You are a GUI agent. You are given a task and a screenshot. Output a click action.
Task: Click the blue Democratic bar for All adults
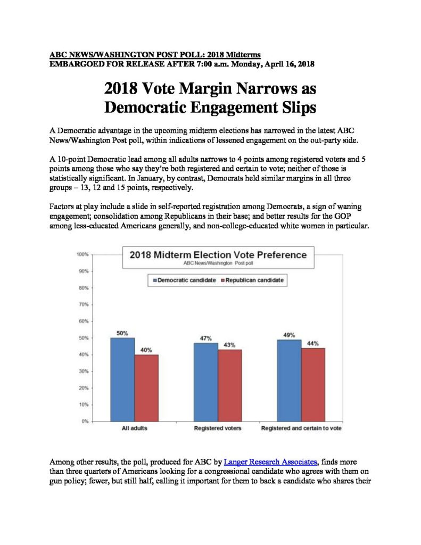pos(122,379)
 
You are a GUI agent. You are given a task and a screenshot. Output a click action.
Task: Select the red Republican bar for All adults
pos(146,388)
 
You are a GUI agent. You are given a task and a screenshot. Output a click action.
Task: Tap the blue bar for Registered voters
pos(206,382)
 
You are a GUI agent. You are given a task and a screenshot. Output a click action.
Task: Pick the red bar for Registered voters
pos(230,385)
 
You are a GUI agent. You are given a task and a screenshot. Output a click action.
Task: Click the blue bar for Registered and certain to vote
pos(289,381)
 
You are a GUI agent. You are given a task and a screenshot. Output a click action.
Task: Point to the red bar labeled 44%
pos(313,385)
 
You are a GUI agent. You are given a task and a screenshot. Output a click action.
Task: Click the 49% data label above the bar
pos(289,335)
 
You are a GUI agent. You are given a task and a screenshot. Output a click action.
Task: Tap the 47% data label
pos(206,338)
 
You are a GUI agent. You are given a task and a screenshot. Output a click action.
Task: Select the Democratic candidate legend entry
pos(184,280)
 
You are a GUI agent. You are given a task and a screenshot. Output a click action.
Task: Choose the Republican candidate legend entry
pos(252,280)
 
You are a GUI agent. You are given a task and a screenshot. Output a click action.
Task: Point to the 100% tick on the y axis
pos(82,254)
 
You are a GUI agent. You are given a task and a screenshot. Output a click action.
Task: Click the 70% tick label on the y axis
pos(84,304)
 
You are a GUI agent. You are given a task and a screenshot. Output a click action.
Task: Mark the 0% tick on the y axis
pos(85,422)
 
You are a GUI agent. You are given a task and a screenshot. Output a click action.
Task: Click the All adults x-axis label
pos(135,428)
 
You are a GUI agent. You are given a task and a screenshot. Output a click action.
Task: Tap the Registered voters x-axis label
pos(218,428)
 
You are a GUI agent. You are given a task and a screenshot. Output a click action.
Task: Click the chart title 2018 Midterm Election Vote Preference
pos(218,255)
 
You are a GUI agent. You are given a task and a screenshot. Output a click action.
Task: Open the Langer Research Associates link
pos(270,462)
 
